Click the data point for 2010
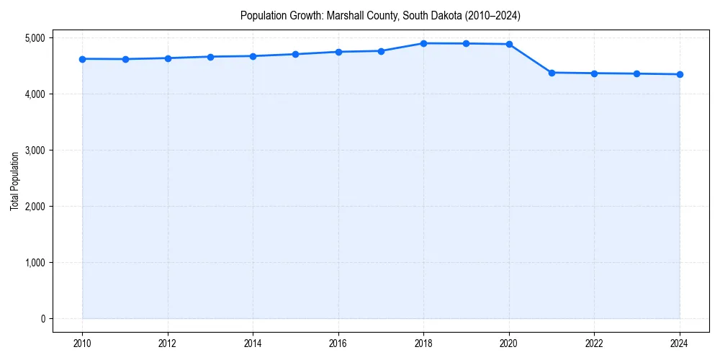(x=83, y=59)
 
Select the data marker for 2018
(x=424, y=43)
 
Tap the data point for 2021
(x=552, y=73)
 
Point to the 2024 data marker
(x=680, y=74)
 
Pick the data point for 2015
(x=296, y=54)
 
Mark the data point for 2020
(x=509, y=44)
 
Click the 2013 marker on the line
(x=210, y=57)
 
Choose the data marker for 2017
(x=381, y=51)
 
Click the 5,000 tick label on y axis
(x=33, y=37)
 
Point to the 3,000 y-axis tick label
(x=33, y=150)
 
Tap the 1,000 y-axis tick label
(x=33, y=263)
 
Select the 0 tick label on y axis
(x=42, y=319)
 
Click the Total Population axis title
(x=14, y=181)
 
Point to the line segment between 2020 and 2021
(x=531, y=58)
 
